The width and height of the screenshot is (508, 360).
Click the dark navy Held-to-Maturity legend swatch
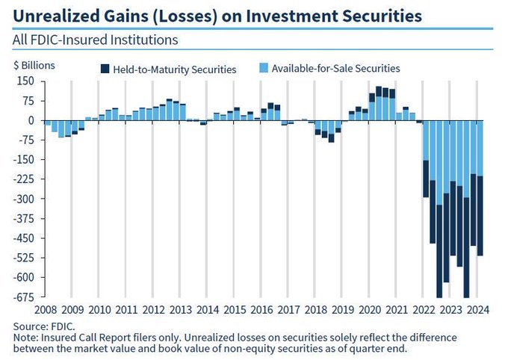click(105, 69)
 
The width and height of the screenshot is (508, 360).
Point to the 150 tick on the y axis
click(26, 81)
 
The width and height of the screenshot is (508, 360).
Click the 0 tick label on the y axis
click(31, 120)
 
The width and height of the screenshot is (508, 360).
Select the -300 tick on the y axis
click(25, 199)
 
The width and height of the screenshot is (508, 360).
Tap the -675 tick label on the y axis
click(25, 297)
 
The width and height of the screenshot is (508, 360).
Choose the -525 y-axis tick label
click(25, 258)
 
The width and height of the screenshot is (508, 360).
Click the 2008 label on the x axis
click(46, 309)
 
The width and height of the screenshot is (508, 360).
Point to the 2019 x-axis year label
click(343, 309)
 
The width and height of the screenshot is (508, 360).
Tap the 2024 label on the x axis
click(477, 309)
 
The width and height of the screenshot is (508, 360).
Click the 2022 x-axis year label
click(424, 309)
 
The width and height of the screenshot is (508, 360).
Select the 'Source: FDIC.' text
click(44, 326)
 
